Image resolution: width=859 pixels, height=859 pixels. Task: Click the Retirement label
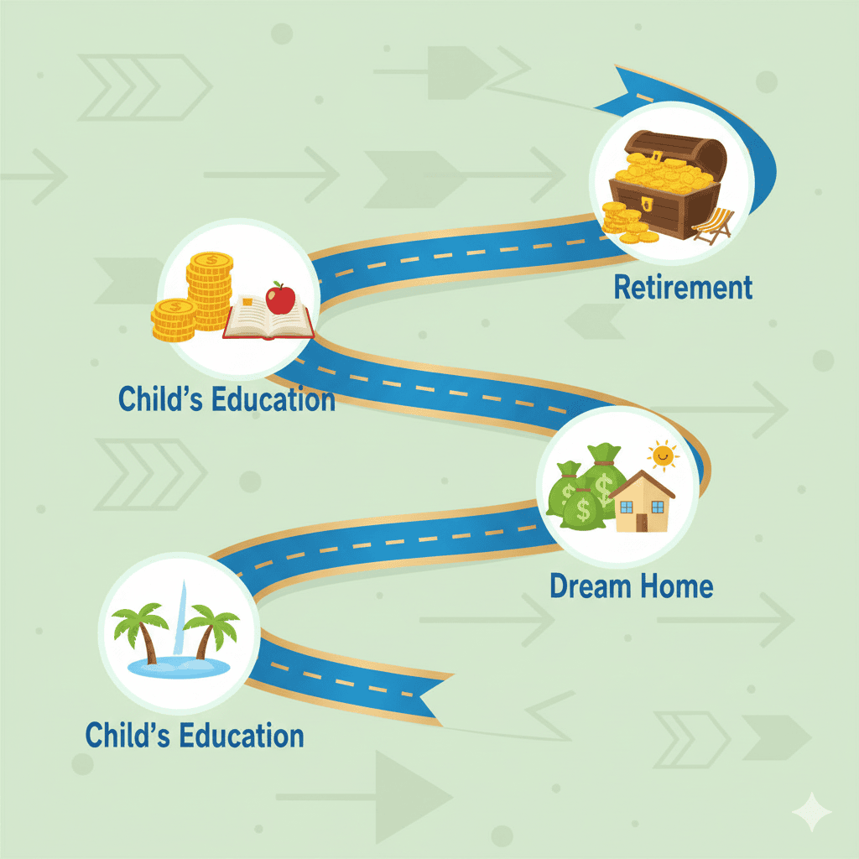[x=683, y=287]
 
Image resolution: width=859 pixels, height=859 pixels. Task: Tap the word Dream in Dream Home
[x=590, y=586]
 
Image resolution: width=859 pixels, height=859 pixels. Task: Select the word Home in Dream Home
[x=676, y=586]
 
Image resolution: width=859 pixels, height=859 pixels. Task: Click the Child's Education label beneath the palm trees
[x=195, y=735]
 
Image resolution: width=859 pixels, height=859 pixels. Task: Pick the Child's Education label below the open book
[x=226, y=398]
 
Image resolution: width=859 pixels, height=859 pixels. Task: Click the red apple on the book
[x=280, y=298]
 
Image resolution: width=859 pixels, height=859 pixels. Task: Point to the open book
[x=268, y=319]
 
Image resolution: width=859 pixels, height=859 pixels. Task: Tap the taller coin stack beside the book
[x=210, y=290]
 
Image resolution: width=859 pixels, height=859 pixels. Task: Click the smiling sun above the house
[x=663, y=456]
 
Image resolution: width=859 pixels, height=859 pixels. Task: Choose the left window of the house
[x=626, y=507]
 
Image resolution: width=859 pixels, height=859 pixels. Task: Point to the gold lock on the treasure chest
[x=647, y=204]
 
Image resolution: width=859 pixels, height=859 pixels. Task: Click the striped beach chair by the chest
[x=713, y=225]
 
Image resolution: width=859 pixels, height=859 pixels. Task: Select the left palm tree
[x=140, y=631]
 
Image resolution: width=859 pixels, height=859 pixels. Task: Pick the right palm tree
[x=211, y=630]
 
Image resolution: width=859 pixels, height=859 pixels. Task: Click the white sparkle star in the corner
[x=812, y=811]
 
